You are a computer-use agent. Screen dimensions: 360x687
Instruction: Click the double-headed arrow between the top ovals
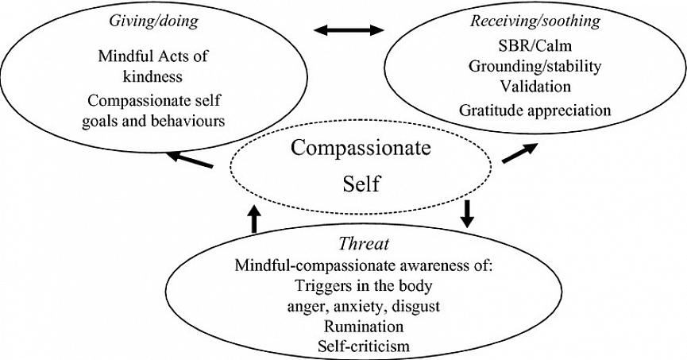(348, 31)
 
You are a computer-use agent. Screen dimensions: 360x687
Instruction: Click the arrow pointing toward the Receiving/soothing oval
(520, 153)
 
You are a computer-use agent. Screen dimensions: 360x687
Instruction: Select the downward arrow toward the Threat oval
(467, 212)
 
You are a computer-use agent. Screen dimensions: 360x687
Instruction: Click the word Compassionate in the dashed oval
(349, 148)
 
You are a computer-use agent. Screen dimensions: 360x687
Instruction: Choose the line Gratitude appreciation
(535, 108)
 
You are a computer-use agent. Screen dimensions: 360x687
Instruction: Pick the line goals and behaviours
(150, 121)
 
